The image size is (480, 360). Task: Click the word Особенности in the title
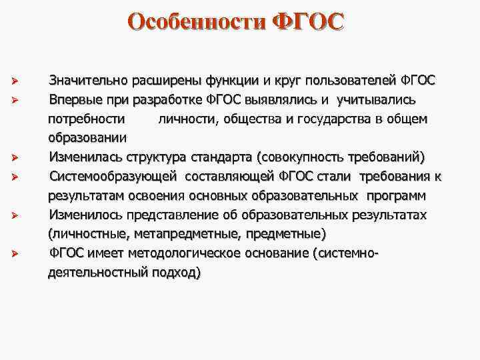click(x=197, y=22)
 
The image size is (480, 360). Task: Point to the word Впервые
click(x=75, y=101)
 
